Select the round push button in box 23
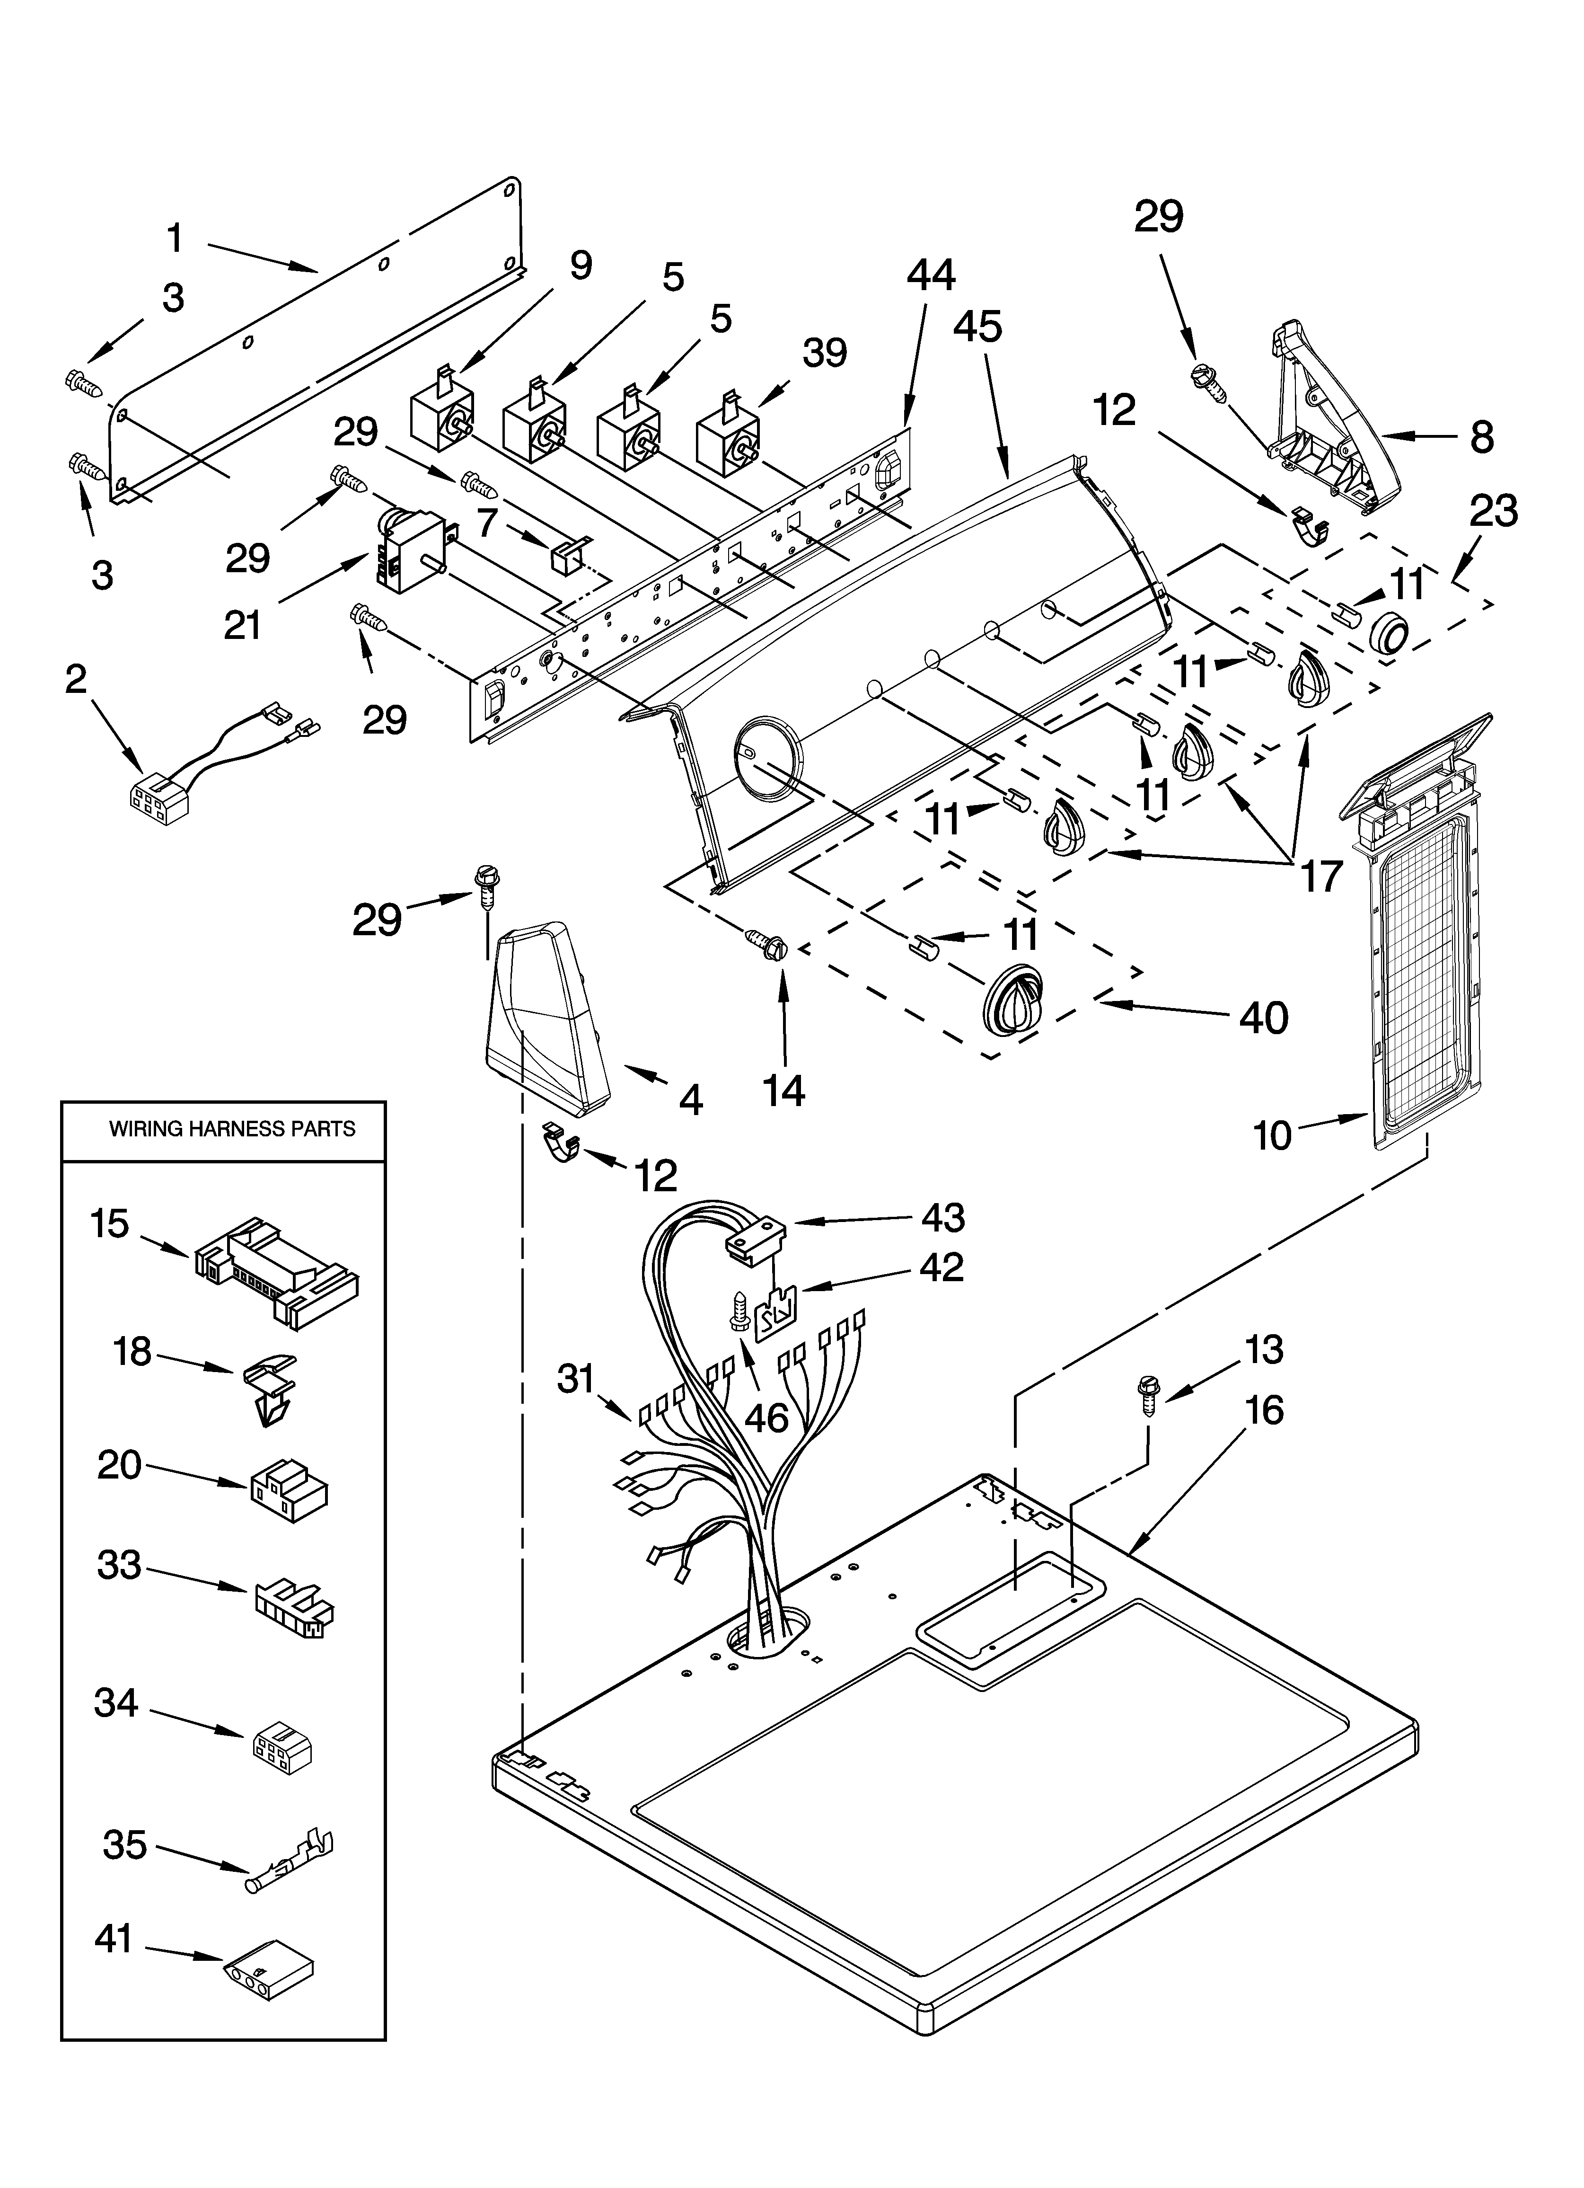click(1387, 635)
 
